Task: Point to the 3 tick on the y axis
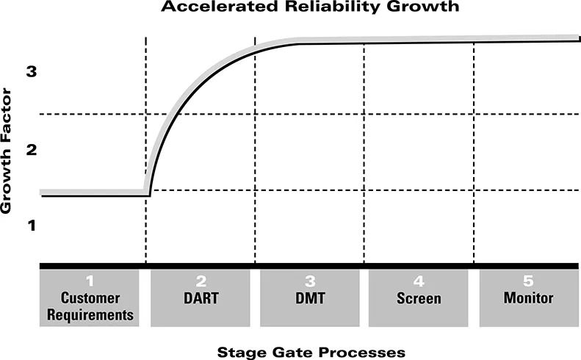pos(31,72)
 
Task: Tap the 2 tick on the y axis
pos(31,151)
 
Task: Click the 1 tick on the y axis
pos(31,225)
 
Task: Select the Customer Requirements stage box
pos(90,298)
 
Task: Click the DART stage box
pos(201,298)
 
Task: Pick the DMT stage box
pos(309,298)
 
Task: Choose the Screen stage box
pos(419,298)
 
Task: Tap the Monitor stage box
pos(528,298)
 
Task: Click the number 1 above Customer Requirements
pos(90,281)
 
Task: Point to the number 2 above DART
pos(201,281)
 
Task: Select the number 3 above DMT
pos(309,281)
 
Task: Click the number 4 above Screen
pos(419,281)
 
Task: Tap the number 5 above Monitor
pos(528,281)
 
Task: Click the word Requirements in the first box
pos(90,315)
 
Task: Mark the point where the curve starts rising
pos(149,195)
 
